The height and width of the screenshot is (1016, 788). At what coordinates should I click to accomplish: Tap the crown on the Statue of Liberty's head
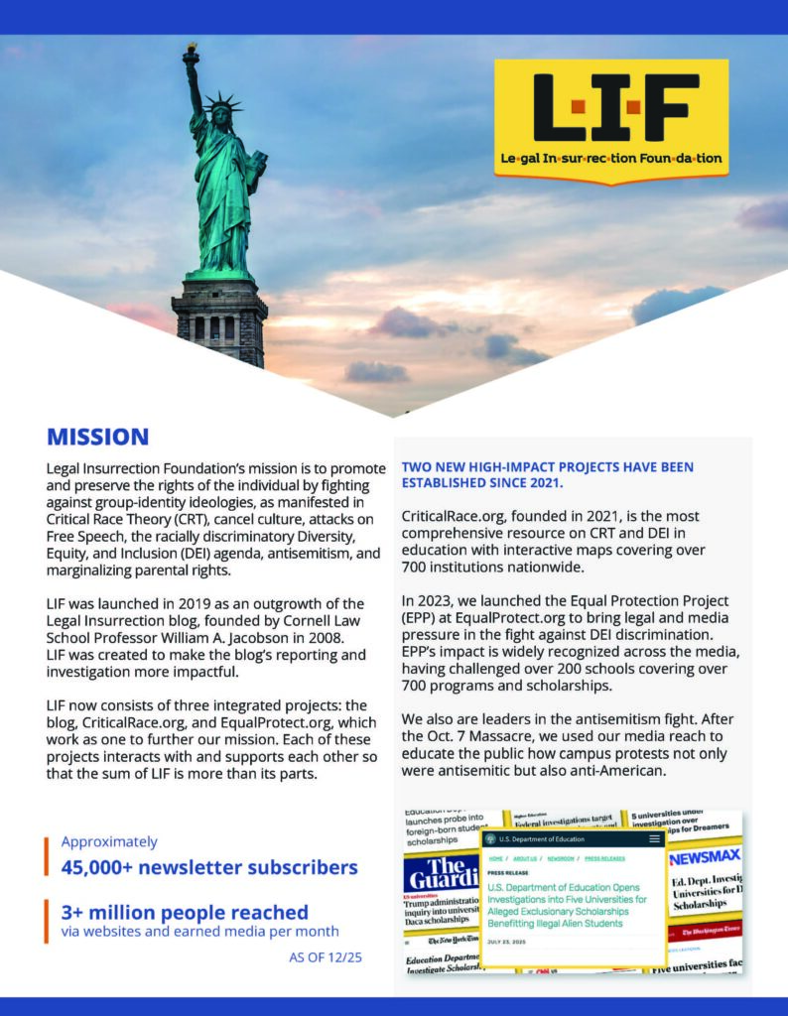220,102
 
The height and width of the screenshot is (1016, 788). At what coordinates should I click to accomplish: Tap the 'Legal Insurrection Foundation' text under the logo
611,158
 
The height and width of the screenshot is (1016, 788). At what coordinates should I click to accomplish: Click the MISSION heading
97,437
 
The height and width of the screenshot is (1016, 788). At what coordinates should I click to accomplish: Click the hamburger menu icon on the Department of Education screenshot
654,839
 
